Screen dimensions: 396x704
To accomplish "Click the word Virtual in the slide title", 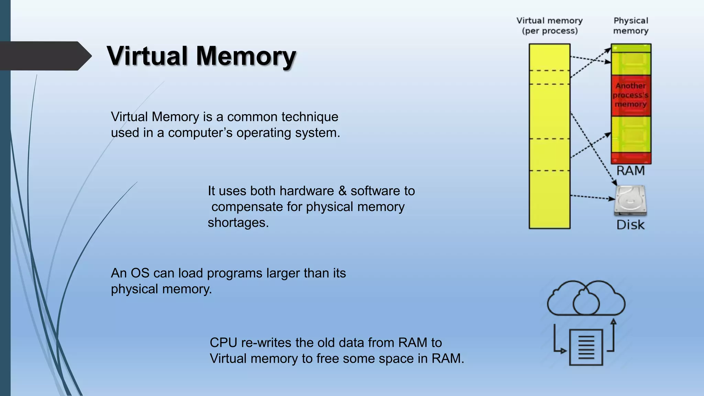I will (x=147, y=56).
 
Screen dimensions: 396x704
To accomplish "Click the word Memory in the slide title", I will (x=246, y=56).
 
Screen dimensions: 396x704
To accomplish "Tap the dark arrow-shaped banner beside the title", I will (x=43, y=56).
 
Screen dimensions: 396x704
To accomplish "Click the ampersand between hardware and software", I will (x=342, y=191).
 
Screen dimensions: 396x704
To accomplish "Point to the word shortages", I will (x=238, y=223).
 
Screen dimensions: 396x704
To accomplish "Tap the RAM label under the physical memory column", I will (x=630, y=170).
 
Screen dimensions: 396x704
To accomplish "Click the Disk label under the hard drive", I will (x=630, y=225).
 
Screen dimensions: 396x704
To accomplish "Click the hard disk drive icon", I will (x=630, y=200).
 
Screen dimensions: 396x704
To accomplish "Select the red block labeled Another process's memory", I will (x=631, y=95).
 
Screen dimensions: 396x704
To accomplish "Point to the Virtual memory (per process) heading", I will (x=549, y=26).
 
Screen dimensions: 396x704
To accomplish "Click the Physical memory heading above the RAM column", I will (x=631, y=26).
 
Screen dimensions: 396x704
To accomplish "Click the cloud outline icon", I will (x=586, y=298).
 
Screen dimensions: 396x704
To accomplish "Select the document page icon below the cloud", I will (x=586, y=347).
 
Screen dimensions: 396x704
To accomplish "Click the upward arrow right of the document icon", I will (x=613, y=335).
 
